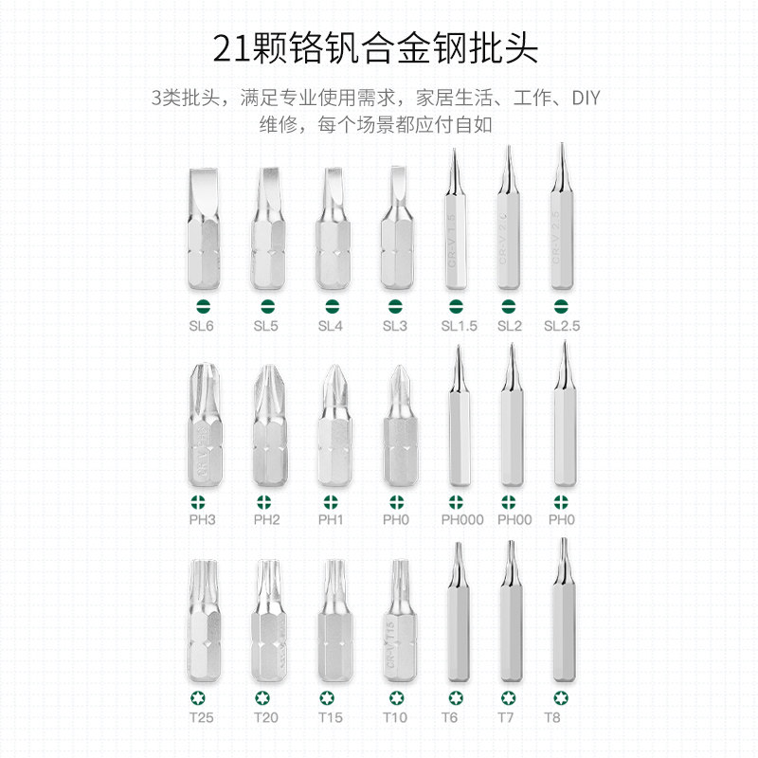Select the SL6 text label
[x=201, y=325]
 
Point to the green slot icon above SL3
[x=395, y=306]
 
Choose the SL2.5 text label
[x=562, y=325]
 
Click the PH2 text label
[x=266, y=519]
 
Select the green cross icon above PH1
[x=331, y=501]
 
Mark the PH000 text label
[x=461, y=519]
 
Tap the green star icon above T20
[x=266, y=698]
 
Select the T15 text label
[x=331, y=717]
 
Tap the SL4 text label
[x=331, y=325]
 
